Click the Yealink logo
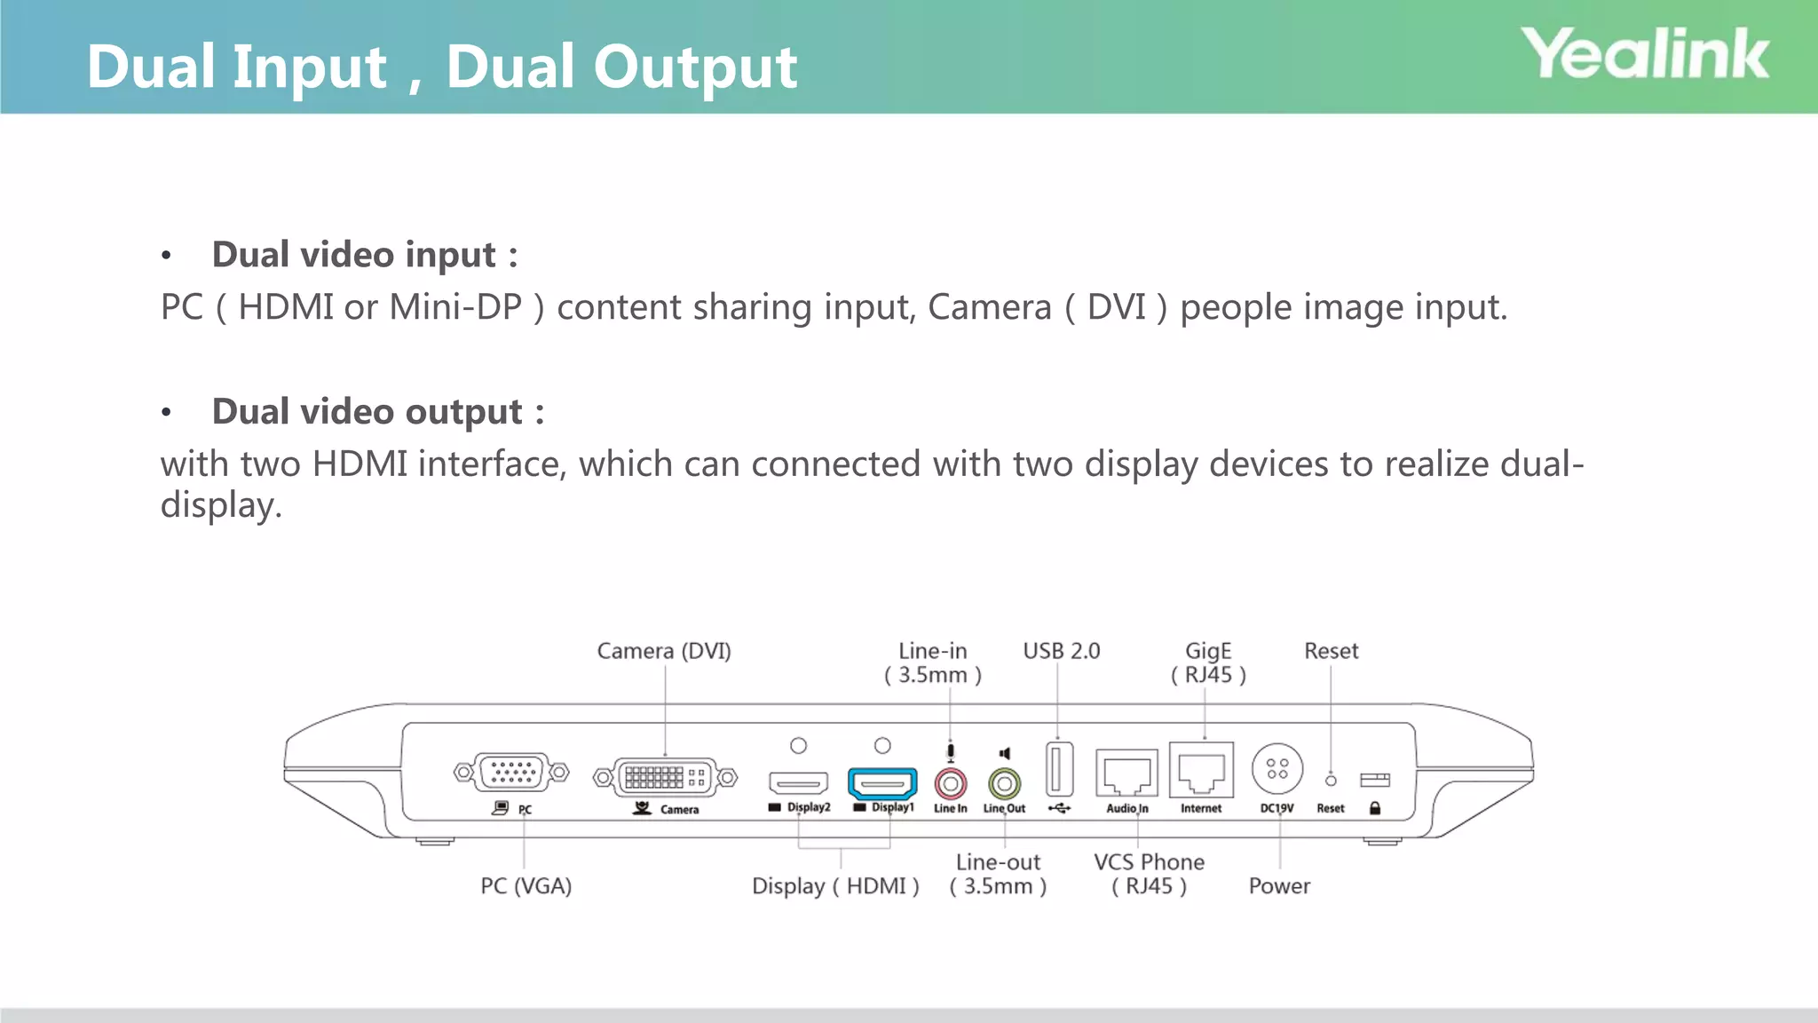tap(1645, 54)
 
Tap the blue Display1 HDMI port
tap(882, 784)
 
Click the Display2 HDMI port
tap(798, 783)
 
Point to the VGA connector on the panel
tap(511, 773)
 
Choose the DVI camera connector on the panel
tap(665, 778)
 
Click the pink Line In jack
tap(951, 784)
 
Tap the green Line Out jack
tap(1004, 784)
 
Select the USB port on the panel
tap(1059, 769)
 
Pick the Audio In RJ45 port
tap(1126, 773)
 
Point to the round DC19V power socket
tap(1277, 769)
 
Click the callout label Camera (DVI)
tap(664, 651)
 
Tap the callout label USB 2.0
tap(1061, 651)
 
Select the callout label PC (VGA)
tap(526, 885)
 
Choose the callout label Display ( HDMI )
tap(835, 885)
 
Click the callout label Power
tap(1279, 885)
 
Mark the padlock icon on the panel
tap(1375, 808)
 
